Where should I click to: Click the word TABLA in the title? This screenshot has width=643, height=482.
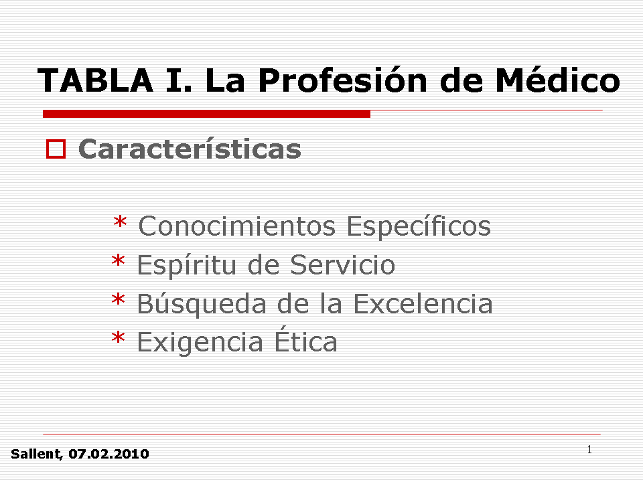(x=96, y=80)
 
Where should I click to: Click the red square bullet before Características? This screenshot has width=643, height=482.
(x=56, y=149)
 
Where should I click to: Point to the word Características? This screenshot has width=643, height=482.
(x=190, y=148)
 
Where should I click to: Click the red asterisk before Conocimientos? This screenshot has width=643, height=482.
(x=120, y=222)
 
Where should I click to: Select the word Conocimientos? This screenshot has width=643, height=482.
(x=237, y=226)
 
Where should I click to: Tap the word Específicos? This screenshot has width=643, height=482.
(x=419, y=226)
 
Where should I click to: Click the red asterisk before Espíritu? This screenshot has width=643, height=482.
(x=118, y=261)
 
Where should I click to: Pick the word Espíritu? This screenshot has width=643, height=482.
(x=187, y=265)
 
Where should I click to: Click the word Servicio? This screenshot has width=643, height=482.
(x=342, y=265)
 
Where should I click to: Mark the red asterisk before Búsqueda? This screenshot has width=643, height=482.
(x=118, y=300)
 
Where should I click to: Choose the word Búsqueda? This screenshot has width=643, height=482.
(x=202, y=304)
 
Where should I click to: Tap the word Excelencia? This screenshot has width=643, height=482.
(x=423, y=304)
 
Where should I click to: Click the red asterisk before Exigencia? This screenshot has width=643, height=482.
(x=118, y=338)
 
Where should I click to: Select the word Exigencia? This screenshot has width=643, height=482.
(x=200, y=343)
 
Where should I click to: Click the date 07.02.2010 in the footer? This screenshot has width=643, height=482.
(x=109, y=454)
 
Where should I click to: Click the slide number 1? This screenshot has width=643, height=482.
(x=589, y=450)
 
